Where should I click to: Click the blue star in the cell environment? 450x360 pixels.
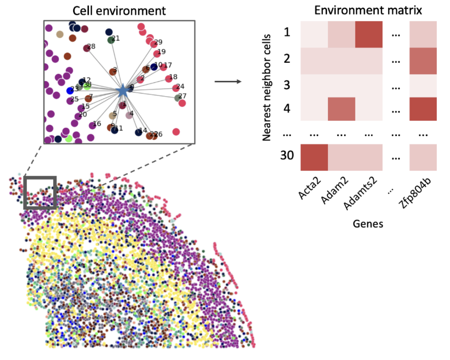[122, 91]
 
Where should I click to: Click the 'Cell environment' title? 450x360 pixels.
[118, 10]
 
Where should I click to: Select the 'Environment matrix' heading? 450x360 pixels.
[368, 10]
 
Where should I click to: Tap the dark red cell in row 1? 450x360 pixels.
[369, 34]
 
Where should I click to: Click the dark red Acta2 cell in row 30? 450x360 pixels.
[314, 157]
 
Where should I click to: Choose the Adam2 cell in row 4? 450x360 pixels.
[341, 109]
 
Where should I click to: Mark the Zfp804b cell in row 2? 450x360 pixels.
[423, 61]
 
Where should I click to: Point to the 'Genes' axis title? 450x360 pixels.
[368, 224]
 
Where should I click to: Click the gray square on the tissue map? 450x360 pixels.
[40, 193]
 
